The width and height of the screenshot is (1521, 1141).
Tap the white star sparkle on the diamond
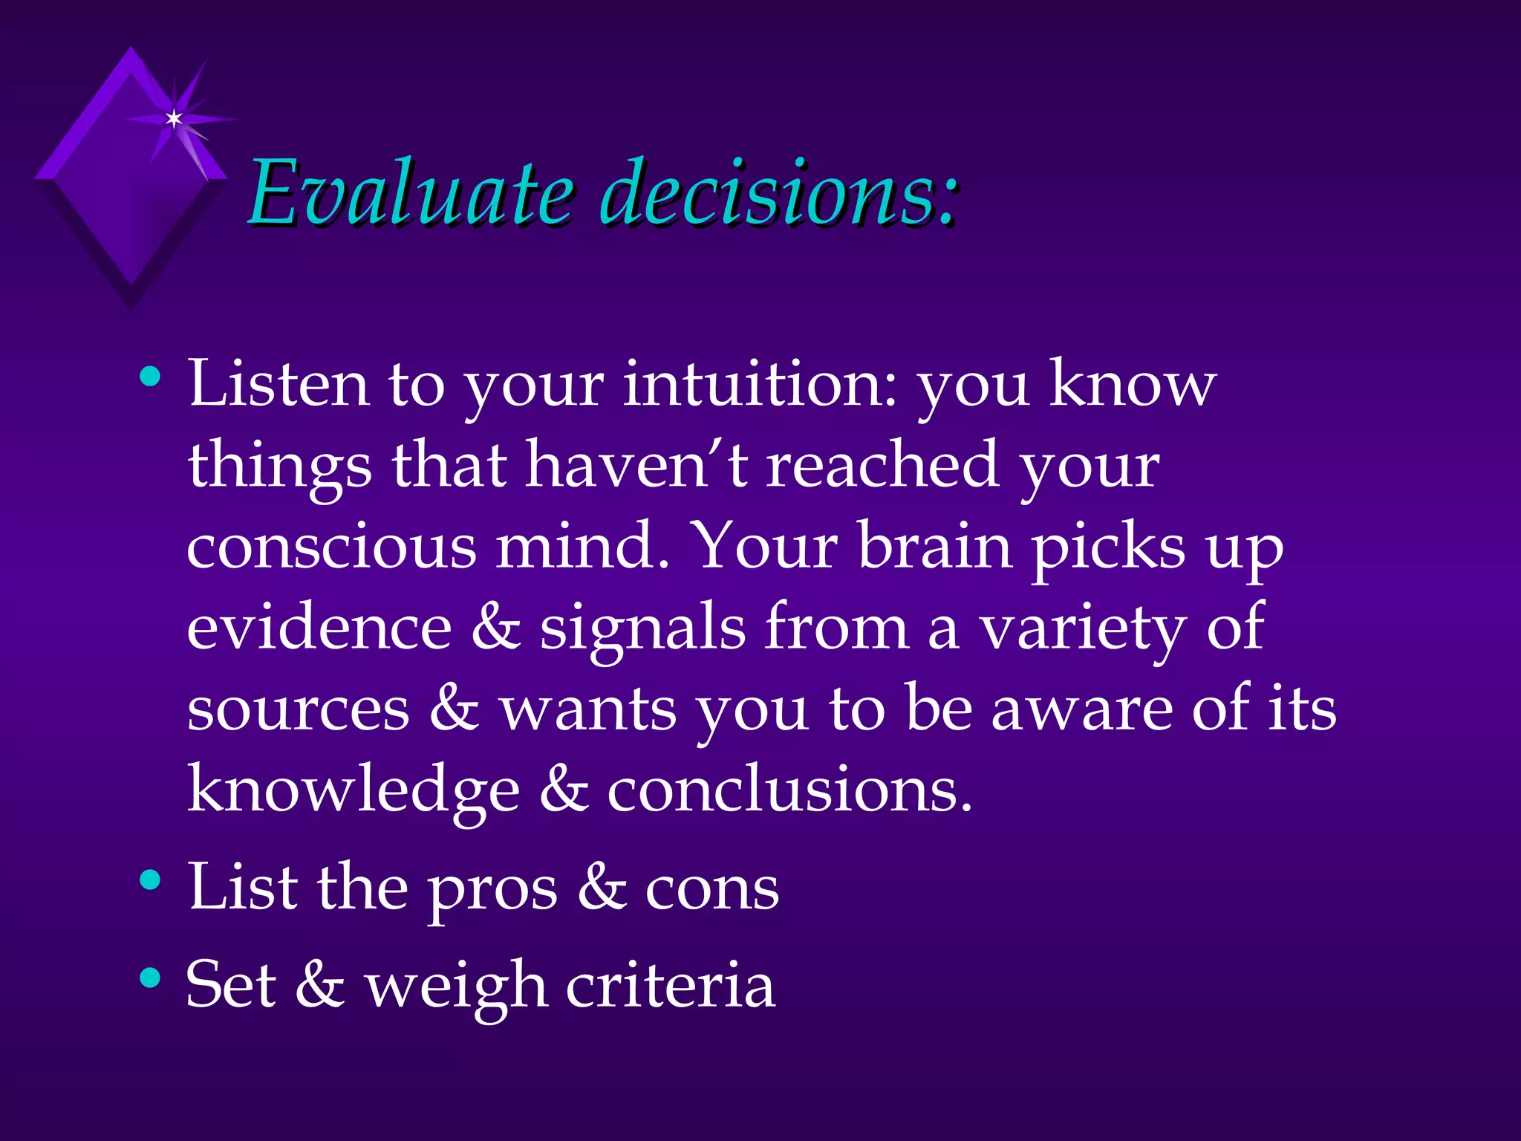[174, 119]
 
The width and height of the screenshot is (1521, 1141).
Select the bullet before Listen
[150, 377]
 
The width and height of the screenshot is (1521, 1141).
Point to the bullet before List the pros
[150, 880]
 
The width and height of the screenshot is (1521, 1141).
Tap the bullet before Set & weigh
[150, 978]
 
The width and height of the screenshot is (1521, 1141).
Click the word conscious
[331, 547]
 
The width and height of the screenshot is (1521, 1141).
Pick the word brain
[935, 547]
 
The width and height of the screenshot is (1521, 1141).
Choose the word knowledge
[354, 790]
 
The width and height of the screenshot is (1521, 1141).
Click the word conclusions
[789, 790]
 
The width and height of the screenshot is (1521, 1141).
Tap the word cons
[711, 890]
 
